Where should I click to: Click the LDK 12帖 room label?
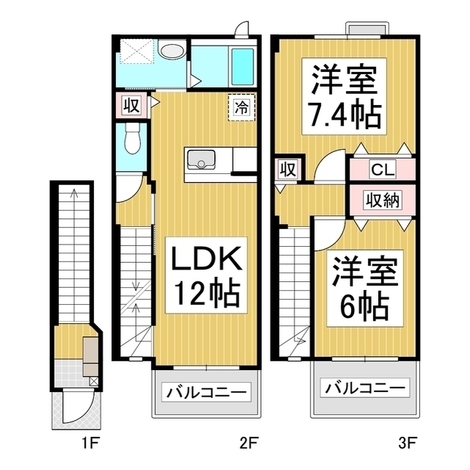[206, 275]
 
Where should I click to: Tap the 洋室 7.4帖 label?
[344, 96]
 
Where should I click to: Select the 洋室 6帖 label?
[365, 288]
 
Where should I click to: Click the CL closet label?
[383, 170]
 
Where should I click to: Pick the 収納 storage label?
[382, 200]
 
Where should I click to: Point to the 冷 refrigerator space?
[242, 107]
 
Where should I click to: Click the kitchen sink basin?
[201, 160]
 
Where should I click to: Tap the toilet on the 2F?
[131, 139]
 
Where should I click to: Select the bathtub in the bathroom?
[242, 67]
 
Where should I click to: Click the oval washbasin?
[172, 51]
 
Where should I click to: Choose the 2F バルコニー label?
[206, 392]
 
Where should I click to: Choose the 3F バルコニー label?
[365, 388]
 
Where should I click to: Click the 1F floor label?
[90, 444]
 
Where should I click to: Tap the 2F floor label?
[249, 444]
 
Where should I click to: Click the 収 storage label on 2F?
[131, 105]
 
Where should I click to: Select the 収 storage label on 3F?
[288, 170]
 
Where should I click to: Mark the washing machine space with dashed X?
[137, 51]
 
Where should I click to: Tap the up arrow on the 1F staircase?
[74, 194]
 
